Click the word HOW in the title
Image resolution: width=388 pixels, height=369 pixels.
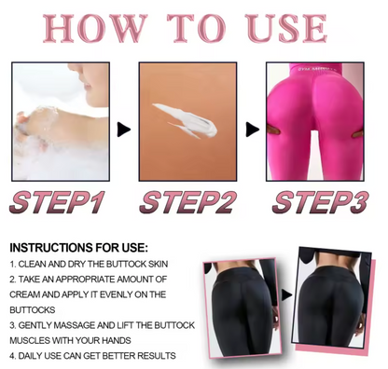tap(94, 28)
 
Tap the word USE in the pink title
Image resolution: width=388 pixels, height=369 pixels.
tap(286, 28)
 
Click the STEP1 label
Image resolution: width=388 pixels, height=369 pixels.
tap(58, 202)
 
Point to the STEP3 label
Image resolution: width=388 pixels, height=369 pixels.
tap(321, 202)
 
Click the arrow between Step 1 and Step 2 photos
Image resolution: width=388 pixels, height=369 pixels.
tap(124, 130)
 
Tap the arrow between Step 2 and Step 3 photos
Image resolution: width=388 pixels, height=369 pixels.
tap(252, 130)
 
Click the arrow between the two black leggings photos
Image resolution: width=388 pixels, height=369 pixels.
tap(286, 295)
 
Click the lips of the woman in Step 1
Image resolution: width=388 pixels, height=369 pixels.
tap(88, 85)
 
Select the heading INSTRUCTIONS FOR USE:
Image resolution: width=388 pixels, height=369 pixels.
tap(78, 248)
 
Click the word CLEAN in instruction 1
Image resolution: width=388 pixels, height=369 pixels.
tap(29, 265)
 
